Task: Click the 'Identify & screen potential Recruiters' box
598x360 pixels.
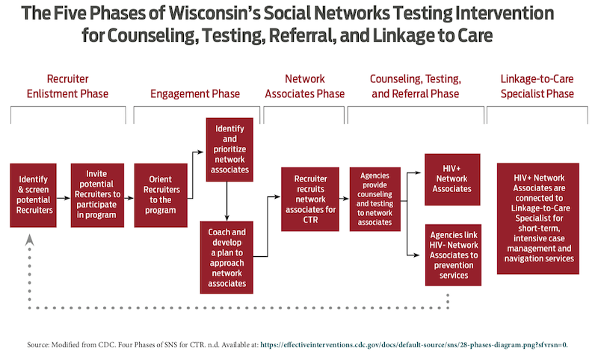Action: [x=33, y=196]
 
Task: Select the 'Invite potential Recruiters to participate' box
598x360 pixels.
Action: [x=97, y=196]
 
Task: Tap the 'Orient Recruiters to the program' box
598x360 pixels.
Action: [x=161, y=196]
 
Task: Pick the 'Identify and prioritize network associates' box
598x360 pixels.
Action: [x=229, y=149]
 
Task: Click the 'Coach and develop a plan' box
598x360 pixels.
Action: [x=226, y=258]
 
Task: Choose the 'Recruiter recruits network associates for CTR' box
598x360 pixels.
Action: [x=310, y=199]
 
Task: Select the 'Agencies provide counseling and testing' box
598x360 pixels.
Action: [x=375, y=199]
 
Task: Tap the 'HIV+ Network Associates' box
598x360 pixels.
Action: [x=452, y=179]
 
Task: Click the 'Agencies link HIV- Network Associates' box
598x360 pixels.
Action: [x=453, y=255]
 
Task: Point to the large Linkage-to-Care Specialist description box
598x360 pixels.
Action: [x=537, y=219]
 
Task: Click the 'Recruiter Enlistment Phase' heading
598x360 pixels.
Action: [x=67, y=87]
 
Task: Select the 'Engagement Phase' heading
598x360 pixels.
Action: [x=195, y=93]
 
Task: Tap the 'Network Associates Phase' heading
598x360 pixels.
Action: [x=305, y=87]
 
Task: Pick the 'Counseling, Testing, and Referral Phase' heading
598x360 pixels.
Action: [x=416, y=87]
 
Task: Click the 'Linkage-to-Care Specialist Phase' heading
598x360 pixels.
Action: [x=537, y=87]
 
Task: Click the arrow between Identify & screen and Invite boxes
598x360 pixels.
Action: [x=64, y=198]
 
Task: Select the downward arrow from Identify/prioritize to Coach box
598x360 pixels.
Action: [x=227, y=201]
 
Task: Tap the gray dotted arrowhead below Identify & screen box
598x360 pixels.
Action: [x=29, y=240]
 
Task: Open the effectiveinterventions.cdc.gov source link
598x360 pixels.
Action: [x=414, y=345]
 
